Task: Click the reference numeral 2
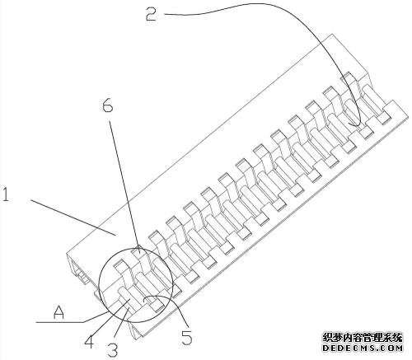(x=152, y=13)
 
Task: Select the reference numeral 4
(x=89, y=341)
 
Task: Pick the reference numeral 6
(x=108, y=105)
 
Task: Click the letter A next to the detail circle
(x=59, y=312)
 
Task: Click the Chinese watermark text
(x=363, y=338)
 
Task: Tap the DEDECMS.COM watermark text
(x=363, y=348)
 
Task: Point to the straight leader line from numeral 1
(x=73, y=217)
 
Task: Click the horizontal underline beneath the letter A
(x=60, y=321)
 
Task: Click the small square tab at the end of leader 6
(x=137, y=251)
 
